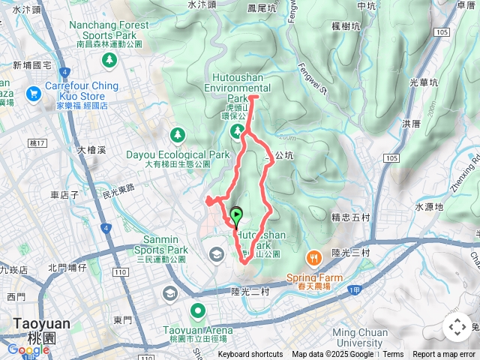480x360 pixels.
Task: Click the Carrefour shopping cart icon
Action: tap(33, 94)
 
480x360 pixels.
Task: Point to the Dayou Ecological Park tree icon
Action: tap(177, 135)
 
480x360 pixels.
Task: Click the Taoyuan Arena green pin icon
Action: tap(198, 310)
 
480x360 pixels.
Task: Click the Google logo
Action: tap(28, 349)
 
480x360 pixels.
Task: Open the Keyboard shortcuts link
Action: tap(250, 355)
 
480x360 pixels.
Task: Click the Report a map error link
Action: tap(445, 355)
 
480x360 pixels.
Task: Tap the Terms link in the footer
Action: tap(393, 355)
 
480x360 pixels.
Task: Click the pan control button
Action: tap(457, 327)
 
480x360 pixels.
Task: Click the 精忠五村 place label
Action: tap(350, 217)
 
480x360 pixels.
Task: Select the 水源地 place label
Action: tap(429, 206)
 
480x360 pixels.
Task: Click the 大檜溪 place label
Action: tap(91, 150)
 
